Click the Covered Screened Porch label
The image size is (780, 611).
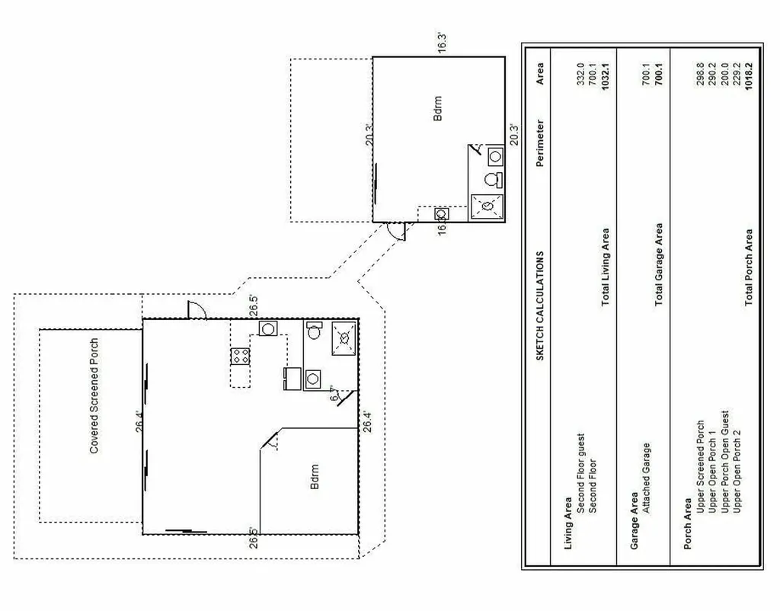coord(94,396)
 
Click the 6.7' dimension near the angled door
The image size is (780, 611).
coord(334,394)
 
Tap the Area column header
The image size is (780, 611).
coord(540,74)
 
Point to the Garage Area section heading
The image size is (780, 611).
coord(634,520)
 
